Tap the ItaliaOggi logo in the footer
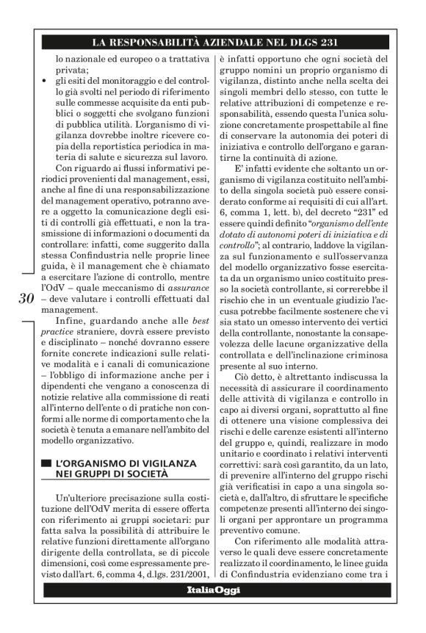click(x=213, y=590)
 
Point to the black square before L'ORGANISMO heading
click(x=46, y=464)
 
